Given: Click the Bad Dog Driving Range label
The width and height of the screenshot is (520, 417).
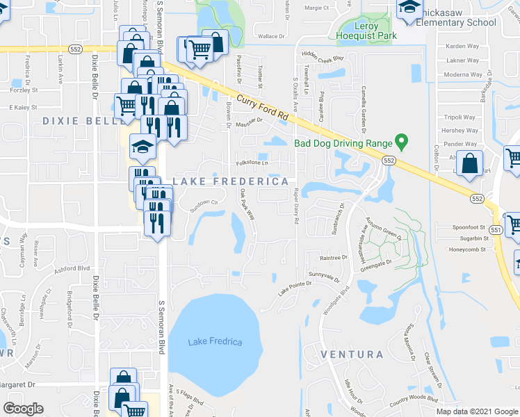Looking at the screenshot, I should click(x=343, y=144).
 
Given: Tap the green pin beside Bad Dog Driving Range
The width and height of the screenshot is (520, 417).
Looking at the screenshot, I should click(x=401, y=142).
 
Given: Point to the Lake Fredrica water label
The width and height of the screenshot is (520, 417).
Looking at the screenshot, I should click(x=215, y=342).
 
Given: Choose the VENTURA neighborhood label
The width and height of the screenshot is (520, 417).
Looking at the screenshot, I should click(x=352, y=354).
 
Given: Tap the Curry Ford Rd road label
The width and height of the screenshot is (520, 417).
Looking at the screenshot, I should click(x=263, y=106).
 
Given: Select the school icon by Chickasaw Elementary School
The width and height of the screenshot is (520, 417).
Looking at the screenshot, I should click(x=408, y=8).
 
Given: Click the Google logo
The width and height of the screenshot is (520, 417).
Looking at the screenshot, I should click(x=23, y=409).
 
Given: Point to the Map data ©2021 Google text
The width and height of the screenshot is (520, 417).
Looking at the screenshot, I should click(x=477, y=411).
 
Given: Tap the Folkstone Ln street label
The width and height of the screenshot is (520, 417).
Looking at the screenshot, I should click(x=252, y=163).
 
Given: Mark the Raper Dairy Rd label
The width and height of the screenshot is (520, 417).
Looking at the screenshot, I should click(x=296, y=205).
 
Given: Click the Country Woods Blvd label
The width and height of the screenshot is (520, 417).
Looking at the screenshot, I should click(x=414, y=400).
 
